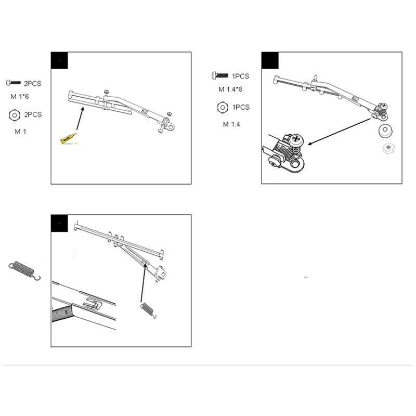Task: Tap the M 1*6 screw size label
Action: pos(21,97)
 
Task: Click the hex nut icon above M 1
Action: pos(15,114)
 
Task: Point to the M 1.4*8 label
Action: pos(230,89)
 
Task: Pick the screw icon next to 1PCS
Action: pos(219,76)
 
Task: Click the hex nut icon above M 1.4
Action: pos(222,108)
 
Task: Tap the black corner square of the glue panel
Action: pos(59,60)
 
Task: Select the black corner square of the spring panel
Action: pos(59,224)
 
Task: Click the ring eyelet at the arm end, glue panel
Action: pos(170,126)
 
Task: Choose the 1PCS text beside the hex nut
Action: pos(241,107)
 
